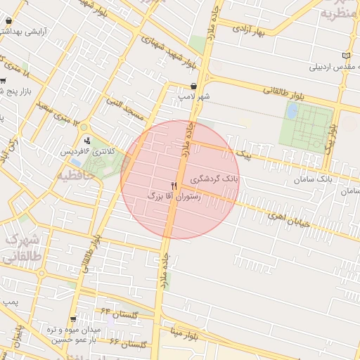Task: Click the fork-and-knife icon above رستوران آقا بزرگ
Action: pos(174,186)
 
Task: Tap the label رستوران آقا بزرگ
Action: pos(175,198)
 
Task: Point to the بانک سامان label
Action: pos(314,180)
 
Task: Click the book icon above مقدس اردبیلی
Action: pos(345,56)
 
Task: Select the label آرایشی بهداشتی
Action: pos(39,32)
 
